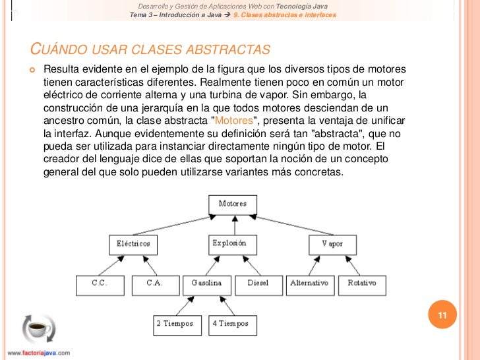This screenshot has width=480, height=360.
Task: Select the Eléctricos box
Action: [x=133, y=244]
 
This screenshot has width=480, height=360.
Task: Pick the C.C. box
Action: [x=99, y=284]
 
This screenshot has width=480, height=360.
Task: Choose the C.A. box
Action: [x=154, y=284]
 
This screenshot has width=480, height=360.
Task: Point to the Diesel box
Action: [x=258, y=284]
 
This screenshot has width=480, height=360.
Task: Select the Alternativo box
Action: [x=309, y=284]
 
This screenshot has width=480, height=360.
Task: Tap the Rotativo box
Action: [x=362, y=284]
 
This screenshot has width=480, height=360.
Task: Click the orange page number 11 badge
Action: [x=442, y=316]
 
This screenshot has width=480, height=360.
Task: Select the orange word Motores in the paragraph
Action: [x=233, y=122]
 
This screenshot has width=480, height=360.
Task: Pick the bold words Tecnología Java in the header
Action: [x=307, y=6]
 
